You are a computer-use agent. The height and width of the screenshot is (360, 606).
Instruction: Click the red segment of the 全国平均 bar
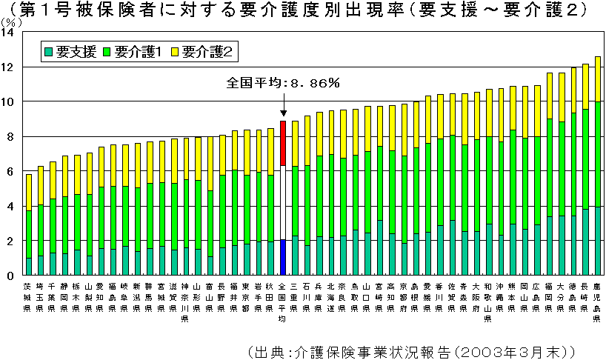click(282, 143)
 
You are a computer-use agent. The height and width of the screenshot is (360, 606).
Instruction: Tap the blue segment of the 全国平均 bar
click(282, 258)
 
